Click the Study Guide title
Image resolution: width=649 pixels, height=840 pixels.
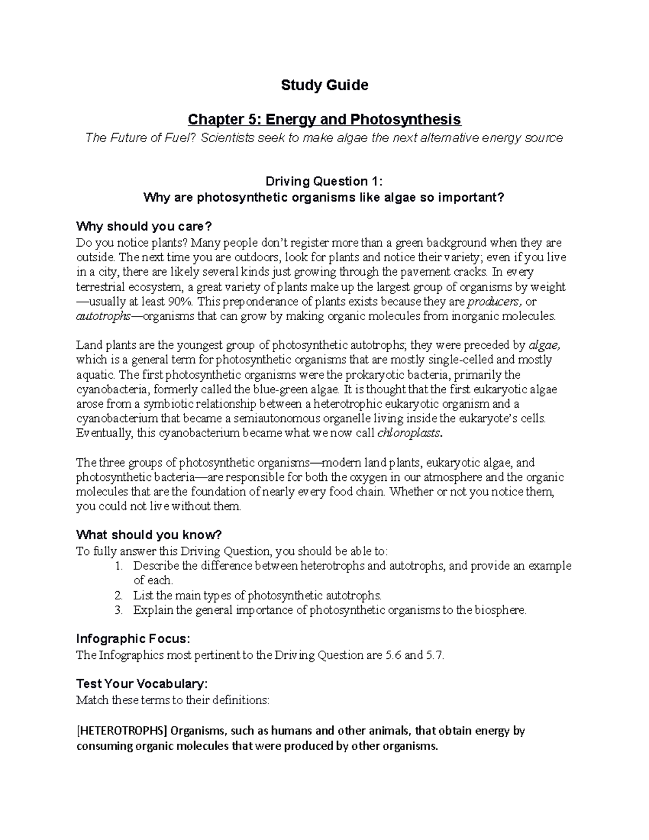(324, 85)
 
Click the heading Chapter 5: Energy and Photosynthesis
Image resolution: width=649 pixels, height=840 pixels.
(324, 119)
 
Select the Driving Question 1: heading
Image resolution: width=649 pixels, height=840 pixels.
(323, 181)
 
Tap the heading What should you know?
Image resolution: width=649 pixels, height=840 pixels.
(149, 535)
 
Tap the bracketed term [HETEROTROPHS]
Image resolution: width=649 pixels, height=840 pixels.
(122, 731)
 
